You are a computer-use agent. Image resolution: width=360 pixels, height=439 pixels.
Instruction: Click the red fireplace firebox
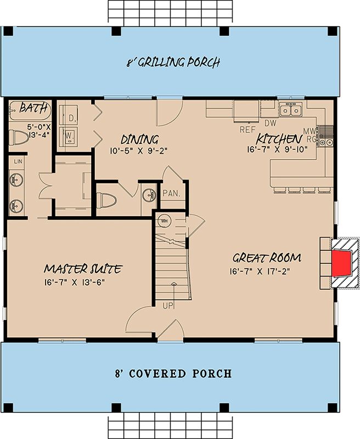[342, 263]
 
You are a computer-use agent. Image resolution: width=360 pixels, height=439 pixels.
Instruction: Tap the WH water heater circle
[164, 221]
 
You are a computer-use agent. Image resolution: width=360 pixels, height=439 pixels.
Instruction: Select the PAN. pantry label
[171, 193]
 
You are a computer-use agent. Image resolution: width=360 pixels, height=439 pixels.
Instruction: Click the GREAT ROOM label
[267, 257]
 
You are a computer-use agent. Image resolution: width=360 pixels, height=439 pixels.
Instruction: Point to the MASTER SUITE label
[83, 269]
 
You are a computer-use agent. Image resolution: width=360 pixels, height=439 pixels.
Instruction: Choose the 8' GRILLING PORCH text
[173, 62]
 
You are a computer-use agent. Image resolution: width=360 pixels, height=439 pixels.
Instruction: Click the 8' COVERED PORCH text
[173, 374]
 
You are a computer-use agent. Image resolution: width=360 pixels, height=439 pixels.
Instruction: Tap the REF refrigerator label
[248, 130]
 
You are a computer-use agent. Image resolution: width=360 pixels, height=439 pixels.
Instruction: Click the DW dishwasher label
[271, 123]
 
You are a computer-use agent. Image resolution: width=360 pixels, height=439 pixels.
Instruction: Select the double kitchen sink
[290, 109]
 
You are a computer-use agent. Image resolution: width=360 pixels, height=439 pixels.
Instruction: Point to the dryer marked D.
[68, 115]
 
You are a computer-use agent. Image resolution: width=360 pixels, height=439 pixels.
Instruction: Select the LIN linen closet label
[18, 161]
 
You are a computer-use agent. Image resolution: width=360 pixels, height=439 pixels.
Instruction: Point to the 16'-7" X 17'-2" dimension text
[259, 271]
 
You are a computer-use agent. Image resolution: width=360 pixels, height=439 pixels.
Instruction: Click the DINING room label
[140, 139]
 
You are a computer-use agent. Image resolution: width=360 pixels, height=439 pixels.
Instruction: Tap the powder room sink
[149, 195]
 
